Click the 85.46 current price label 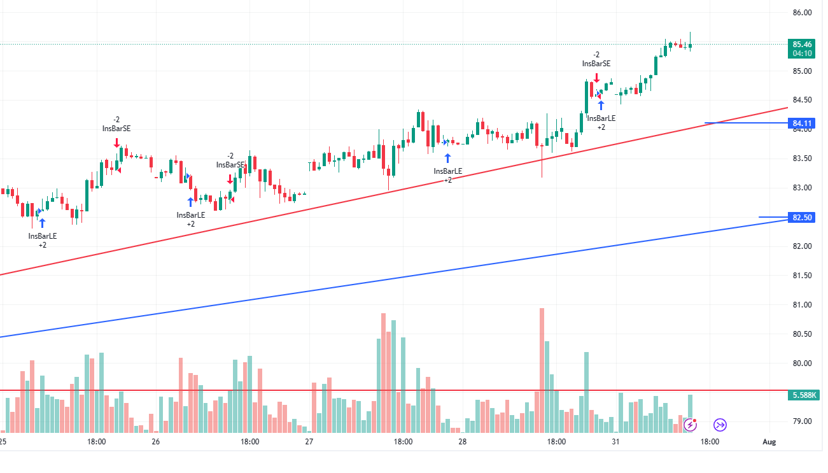[802, 44]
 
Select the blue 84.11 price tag [802, 123]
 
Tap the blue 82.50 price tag [802, 218]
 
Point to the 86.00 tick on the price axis [802, 13]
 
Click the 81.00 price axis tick [802, 305]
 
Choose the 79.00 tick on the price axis [802, 421]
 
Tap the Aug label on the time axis [769, 441]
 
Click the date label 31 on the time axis [615, 441]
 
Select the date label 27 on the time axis [309, 441]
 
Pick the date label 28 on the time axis [462, 441]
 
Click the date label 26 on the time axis [156, 441]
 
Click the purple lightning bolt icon [690, 425]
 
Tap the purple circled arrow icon [720, 425]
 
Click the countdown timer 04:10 [802, 53]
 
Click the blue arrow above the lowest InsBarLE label [43, 222]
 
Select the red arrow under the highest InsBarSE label [596, 76]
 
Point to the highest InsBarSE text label [596, 64]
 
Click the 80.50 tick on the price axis [802, 334]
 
